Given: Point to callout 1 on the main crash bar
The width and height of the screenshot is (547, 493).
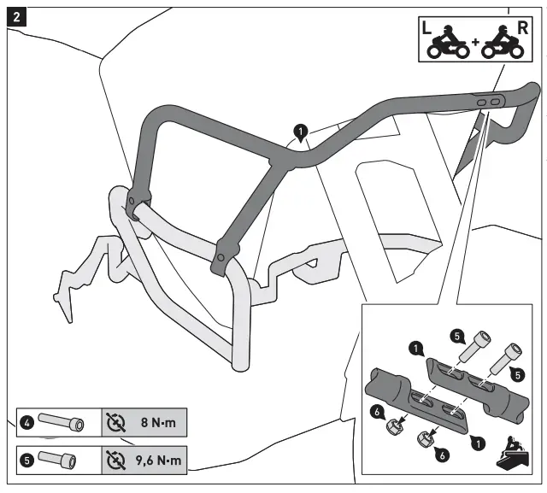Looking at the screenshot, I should coord(300,132).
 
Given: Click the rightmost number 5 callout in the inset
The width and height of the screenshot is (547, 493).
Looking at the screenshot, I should coord(517,373).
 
